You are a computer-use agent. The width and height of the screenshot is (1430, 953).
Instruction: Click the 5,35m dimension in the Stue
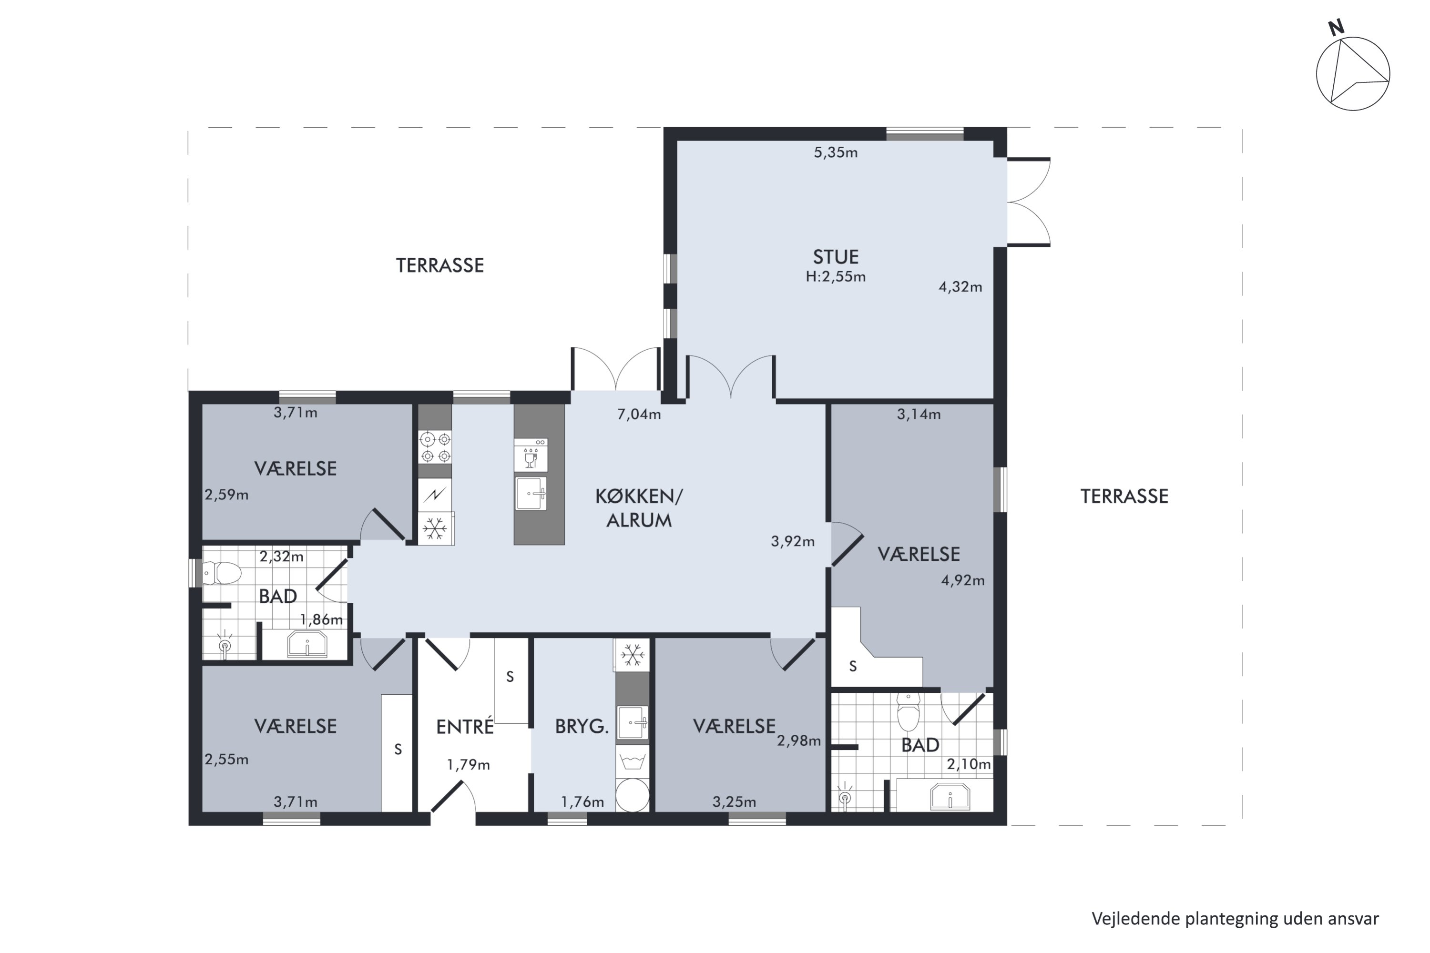(x=836, y=152)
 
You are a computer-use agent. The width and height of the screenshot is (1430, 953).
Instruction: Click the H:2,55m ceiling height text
(x=836, y=276)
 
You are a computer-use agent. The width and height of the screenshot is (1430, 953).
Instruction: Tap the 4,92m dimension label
(x=962, y=580)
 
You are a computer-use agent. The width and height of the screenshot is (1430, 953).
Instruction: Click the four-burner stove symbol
(x=435, y=447)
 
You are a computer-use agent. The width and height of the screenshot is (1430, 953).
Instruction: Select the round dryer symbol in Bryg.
(x=633, y=795)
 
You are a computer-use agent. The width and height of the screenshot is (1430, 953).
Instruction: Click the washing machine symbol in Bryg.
(x=633, y=761)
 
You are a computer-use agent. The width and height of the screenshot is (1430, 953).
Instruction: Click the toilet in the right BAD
(x=909, y=712)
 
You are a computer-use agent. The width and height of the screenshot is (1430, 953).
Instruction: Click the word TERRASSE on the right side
(x=1124, y=497)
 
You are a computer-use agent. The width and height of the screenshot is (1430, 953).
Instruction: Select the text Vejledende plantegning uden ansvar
(x=1235, y=918)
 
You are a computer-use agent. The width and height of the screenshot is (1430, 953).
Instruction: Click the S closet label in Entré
(x=510, y=677)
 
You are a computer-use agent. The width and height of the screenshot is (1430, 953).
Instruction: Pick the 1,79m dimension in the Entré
(x=468, y=765)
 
